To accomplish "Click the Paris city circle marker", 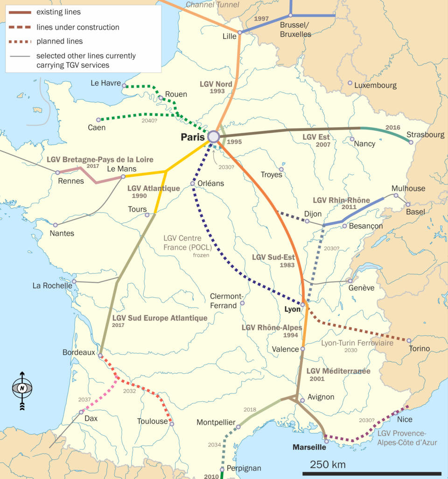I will pos(213,136).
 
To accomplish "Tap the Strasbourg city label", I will pos(425,135).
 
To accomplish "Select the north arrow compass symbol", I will pos(22,388).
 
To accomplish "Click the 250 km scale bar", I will pos(375,473).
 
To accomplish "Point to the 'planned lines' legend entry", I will pos(59,41).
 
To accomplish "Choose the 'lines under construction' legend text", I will pos(77,27).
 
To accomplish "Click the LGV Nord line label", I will pos(216,85).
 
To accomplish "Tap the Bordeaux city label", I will pos(78,352).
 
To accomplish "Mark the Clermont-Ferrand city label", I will pos(227,300).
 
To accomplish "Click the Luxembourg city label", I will pos(375,86).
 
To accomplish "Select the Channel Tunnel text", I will pos(212,5).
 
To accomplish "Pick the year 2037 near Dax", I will pos(84,400).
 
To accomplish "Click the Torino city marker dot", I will pos(409,341).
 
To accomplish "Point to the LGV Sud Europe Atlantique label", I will pos(160,318).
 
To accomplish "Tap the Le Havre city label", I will pos(105,83).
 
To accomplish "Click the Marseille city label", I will pos(309,447).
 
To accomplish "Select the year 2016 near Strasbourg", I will pos(393,127).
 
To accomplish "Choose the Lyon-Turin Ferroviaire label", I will pos(357,343).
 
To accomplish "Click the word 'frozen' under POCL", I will pos(202,255).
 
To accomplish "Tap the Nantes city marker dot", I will pos(56,225).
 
